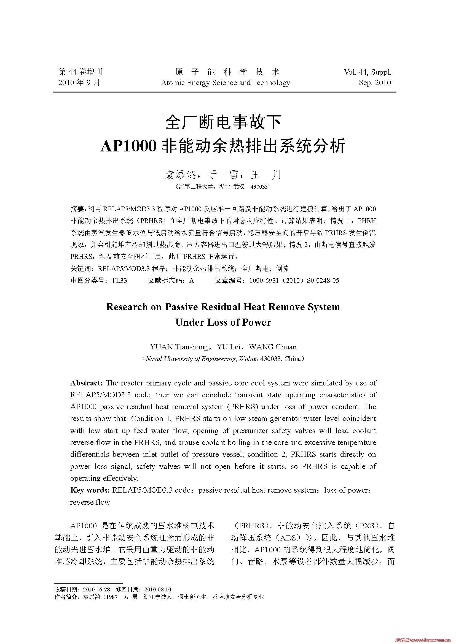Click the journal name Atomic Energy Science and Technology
pos(225,83)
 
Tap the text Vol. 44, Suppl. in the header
pos(367,72)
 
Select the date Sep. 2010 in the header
pos(375,83)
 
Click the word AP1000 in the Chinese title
pos(128,146)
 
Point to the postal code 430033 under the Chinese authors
pos(259,187)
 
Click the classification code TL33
pos(119,281)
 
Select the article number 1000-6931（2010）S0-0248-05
pos(294,281)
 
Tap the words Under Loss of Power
pos(223,322)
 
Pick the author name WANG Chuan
pos(272,347)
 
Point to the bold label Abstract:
pos(87,383)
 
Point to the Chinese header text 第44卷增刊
pos(80,72)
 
